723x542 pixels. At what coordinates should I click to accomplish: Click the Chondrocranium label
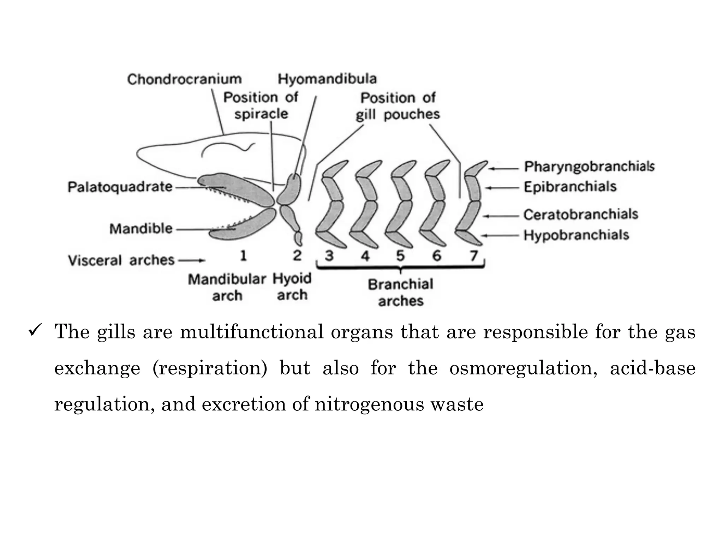click(x=184, y=79)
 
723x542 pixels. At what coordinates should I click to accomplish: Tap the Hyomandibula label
click(x=327, y=78)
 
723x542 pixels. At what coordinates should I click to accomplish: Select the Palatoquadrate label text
click(x=120, y=187)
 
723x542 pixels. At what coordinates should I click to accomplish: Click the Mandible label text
click(x=141, y=229)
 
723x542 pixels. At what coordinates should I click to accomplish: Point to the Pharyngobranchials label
click(x=589, y=166)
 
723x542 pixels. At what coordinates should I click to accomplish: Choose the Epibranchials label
click(x=570, y=186)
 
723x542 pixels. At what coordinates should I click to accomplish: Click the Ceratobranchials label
click(x=581, y=214)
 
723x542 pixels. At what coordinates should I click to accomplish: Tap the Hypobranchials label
click(x=576, y=235)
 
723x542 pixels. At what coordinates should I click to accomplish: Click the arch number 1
click(x=243, y=255)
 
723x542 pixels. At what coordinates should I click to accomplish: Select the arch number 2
click(x=297, y=255)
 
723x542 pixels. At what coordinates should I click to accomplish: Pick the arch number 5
click(x=400, y=255)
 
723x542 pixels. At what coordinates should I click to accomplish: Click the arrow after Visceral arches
click(x=192, y=261)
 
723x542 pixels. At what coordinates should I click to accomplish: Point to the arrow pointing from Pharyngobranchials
click(x=503, y=169)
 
